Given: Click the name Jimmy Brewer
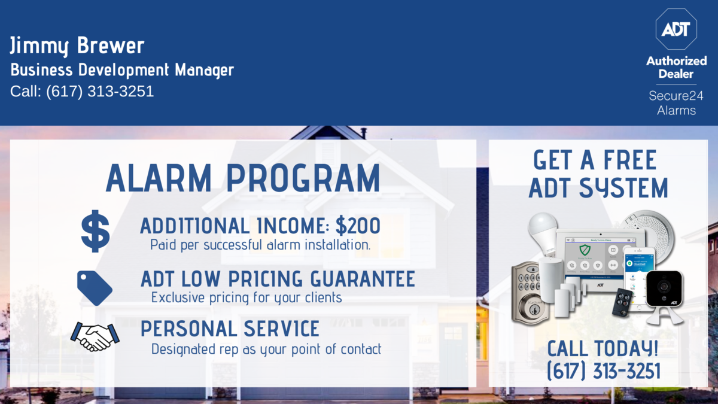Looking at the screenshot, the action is tap(77, 45).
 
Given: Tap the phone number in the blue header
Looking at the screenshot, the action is tap(100, 92).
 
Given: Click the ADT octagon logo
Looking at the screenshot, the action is tap(676, 29).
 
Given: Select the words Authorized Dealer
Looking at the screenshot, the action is tap(676, 67).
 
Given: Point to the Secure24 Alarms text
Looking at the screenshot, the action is tap(676, 103).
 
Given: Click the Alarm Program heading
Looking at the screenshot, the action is tap(243, 178).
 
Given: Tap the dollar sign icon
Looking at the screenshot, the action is tap(95, 231).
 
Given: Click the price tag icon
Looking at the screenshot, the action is tap(95, 288).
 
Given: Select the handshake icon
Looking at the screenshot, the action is tap(95, 336).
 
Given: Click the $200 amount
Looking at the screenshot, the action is tap(358, 226).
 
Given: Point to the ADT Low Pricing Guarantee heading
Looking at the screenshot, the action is tap(278, 279).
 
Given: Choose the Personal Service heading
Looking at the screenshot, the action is tap(230, 329).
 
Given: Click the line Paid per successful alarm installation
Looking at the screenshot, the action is tap(260, 245).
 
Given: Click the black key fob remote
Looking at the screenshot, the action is tap(622, 302).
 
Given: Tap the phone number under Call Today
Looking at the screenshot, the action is tap(604, 371).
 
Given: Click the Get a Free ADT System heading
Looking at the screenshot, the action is tap(598, 174).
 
